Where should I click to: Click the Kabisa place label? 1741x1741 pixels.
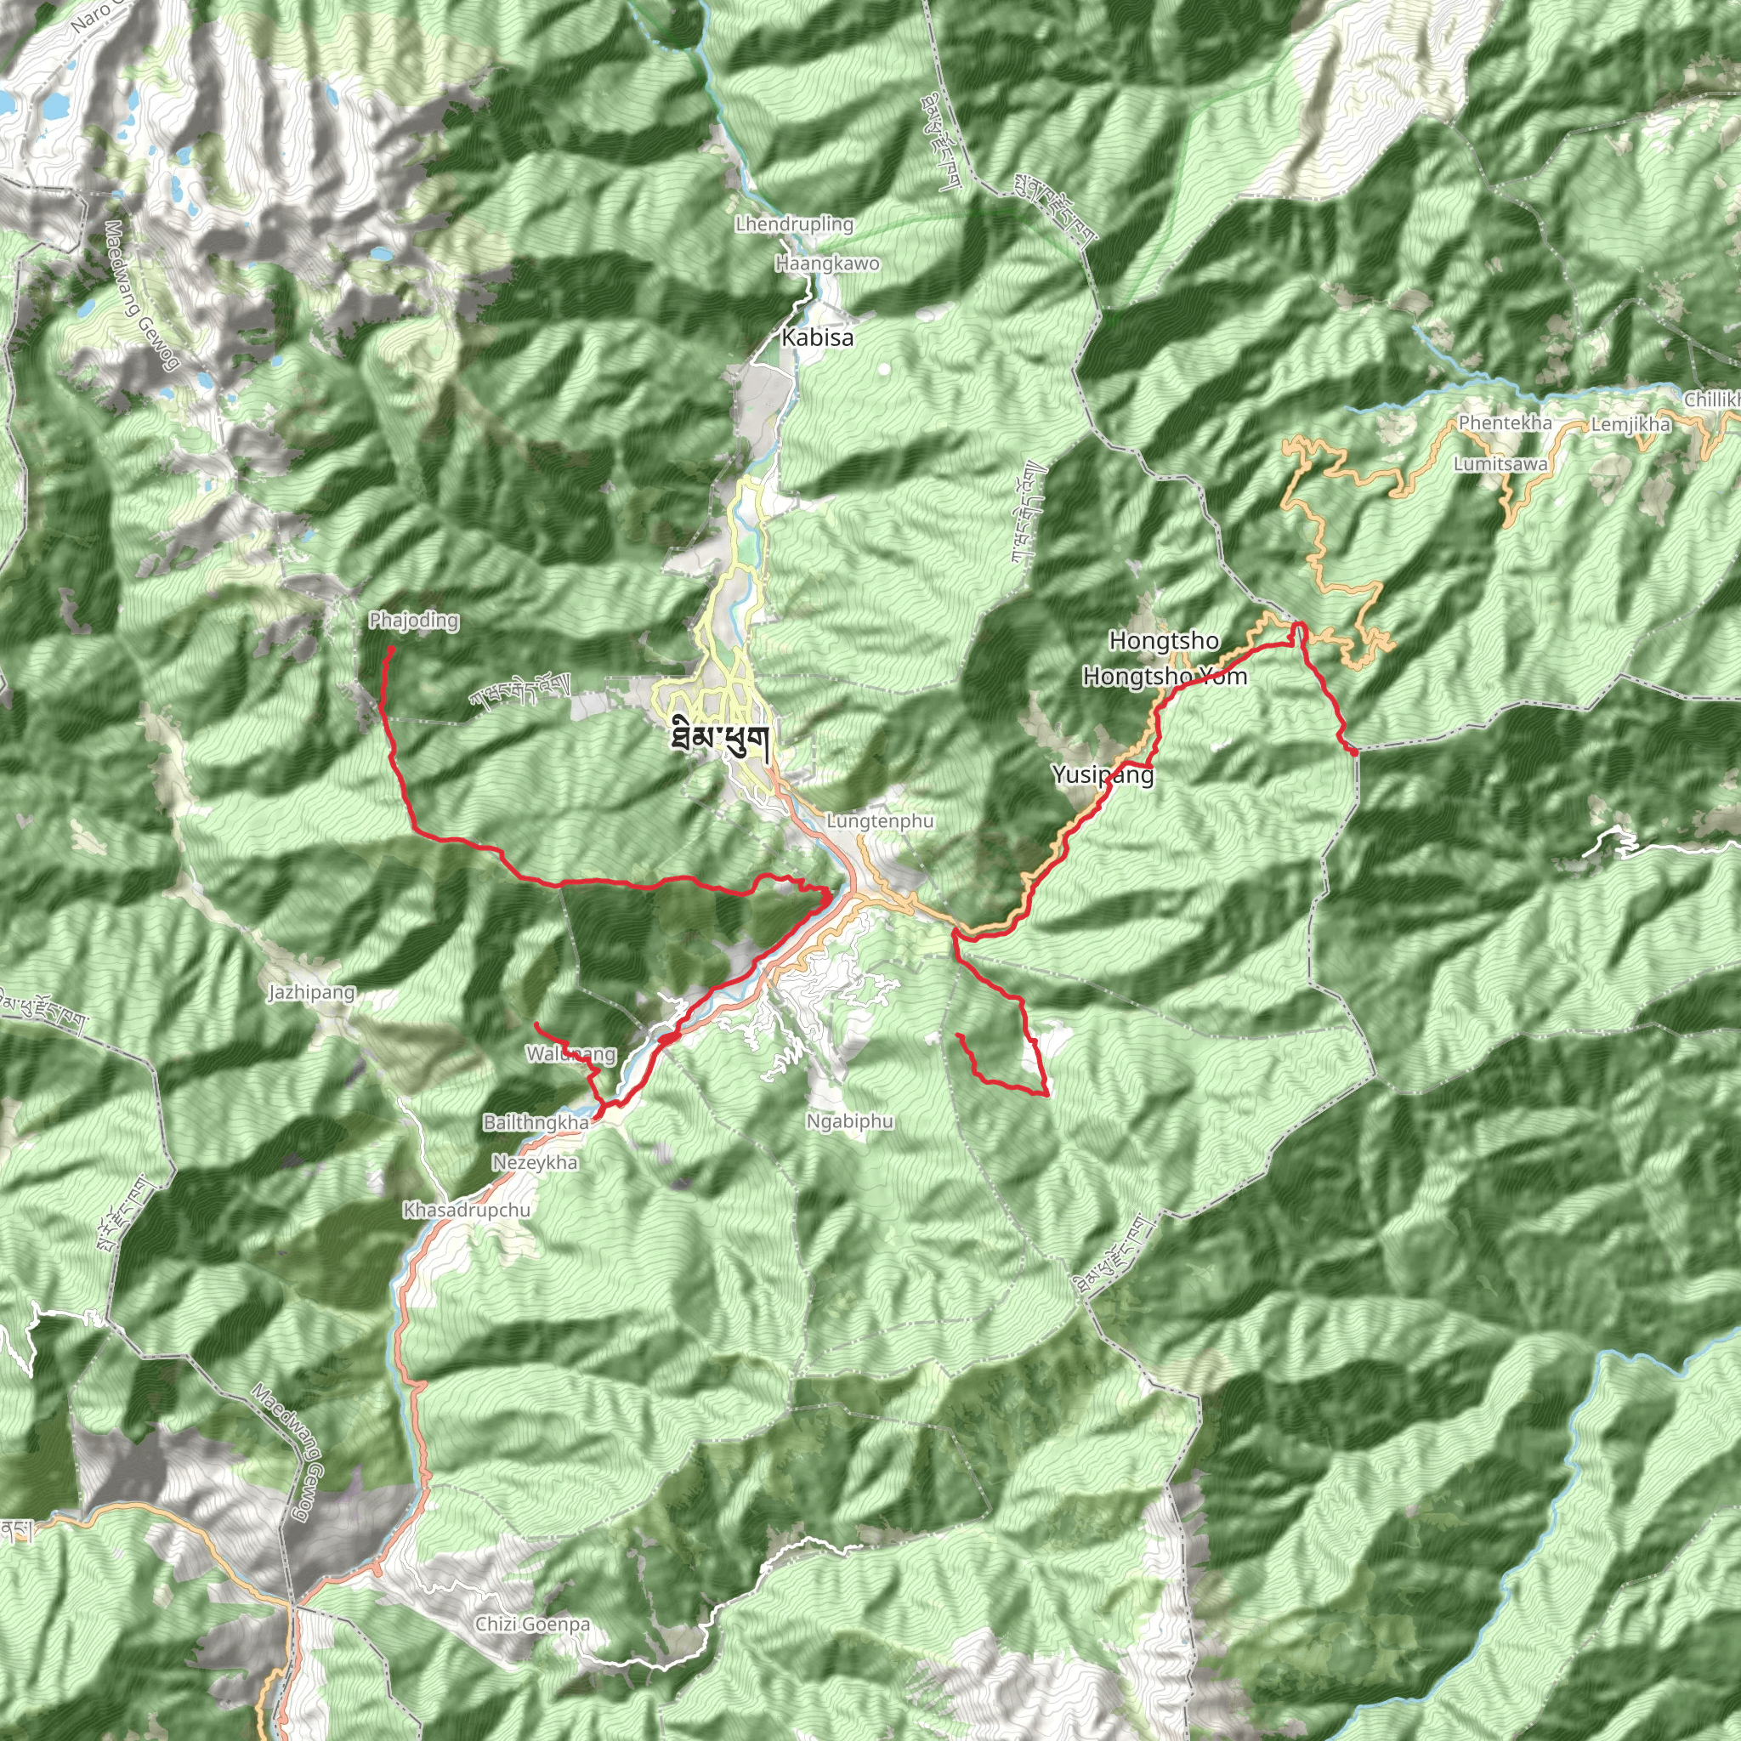tap(817, 338)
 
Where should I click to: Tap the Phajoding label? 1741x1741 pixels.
tap(414, 620)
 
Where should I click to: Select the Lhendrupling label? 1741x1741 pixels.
tap(794, 224)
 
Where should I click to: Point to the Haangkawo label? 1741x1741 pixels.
tap(827, 264)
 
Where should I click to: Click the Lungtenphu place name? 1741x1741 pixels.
tap(880, 821)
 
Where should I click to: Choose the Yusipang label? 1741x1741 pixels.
tap(1103, 774)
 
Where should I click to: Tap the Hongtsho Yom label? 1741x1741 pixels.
tap(1165, 676)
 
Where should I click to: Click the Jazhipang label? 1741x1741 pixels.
tap(312, 992)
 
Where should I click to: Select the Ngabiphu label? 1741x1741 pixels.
tap(850, 1121)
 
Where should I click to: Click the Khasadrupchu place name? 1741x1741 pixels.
tap(467, 1210)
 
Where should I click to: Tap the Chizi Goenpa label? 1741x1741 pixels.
tap(532, 1624)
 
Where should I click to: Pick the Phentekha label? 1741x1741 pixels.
tap(1505, 422)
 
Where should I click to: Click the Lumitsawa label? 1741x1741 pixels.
tap(1500, 464)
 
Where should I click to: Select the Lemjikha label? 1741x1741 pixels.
tap(1630, 423)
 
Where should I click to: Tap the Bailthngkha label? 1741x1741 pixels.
tap(536, 1122)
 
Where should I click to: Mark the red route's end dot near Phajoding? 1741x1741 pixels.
tap(391, 649)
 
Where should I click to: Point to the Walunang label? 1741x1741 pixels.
tap(571, 1053)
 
